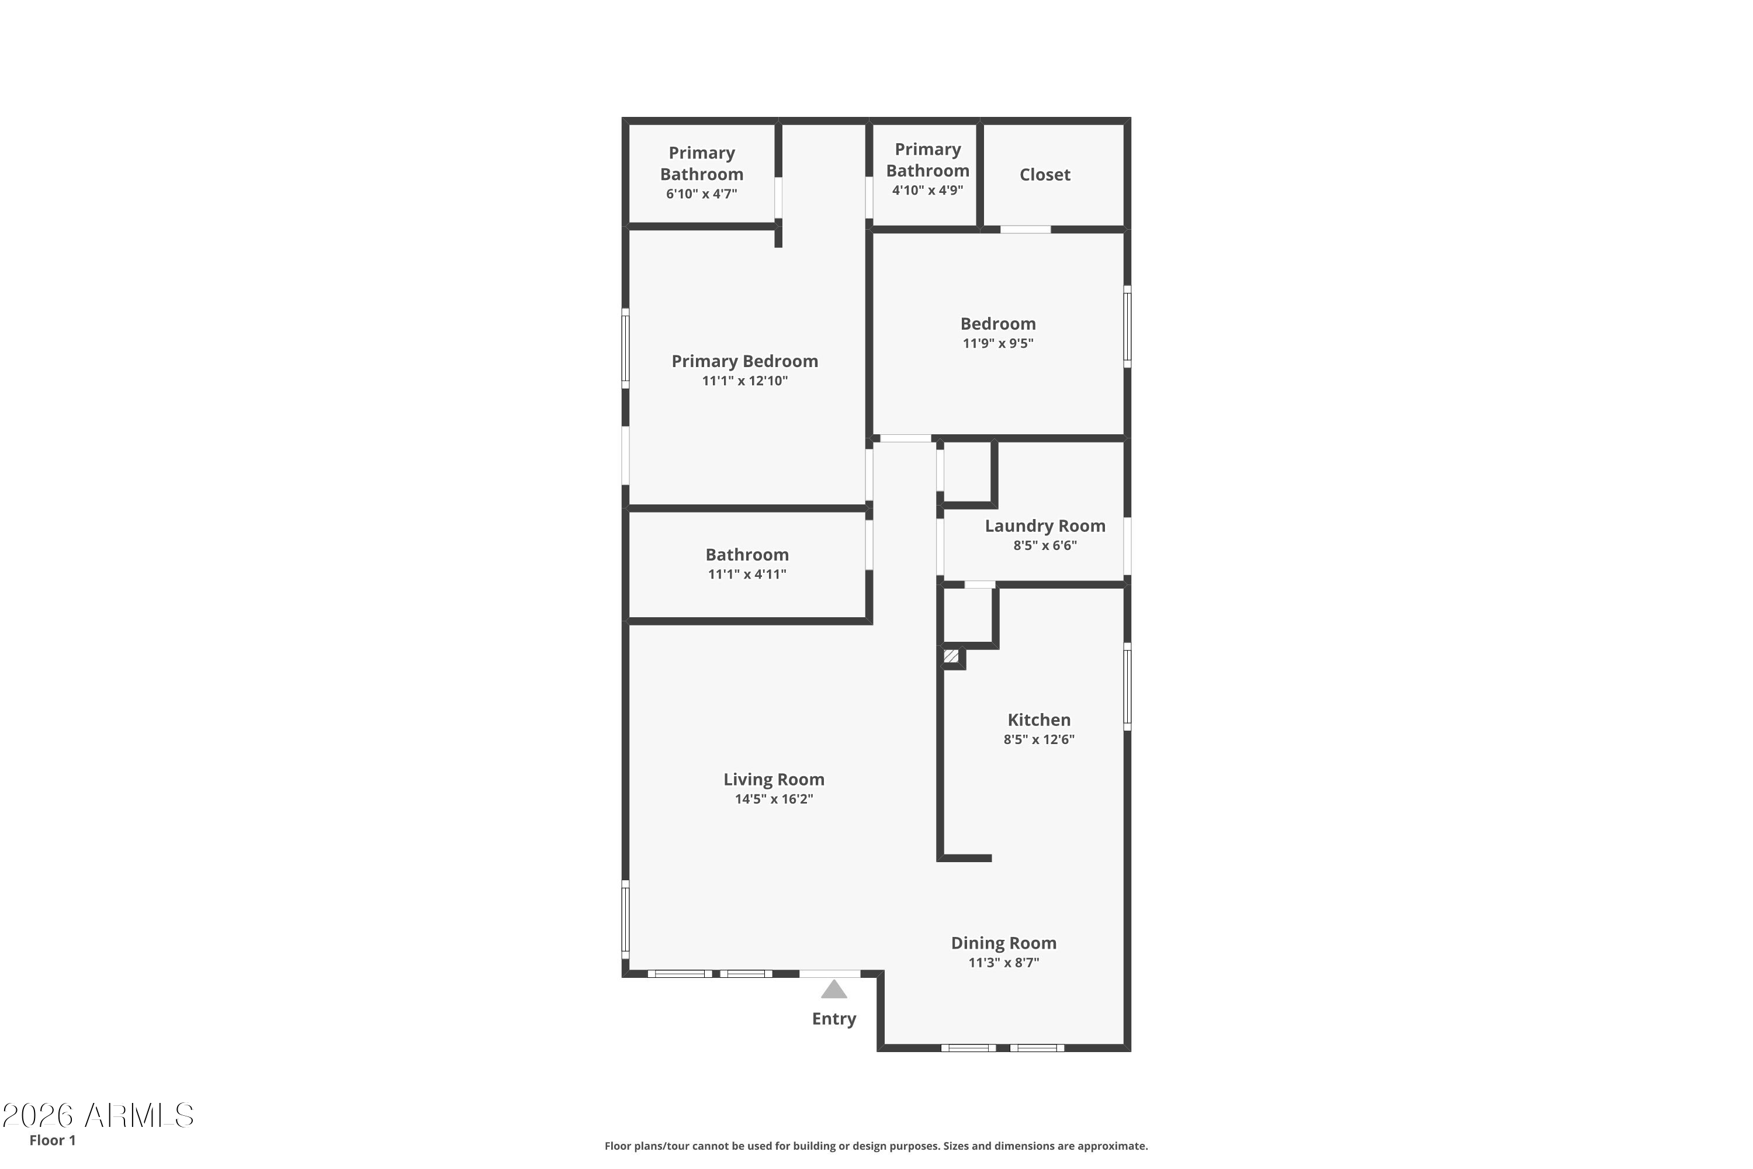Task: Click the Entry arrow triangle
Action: pyautogui.click(x=834, y=990)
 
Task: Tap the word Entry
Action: pyautogui.click(x=834, y=1019)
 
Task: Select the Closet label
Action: pyautogui.click(x=1045, y=174)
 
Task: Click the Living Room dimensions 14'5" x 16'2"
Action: pyautogui.click(x=774, y=799)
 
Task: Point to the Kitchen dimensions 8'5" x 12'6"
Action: pyautogui.click(x=1039, y=739)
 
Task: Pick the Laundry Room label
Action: pyautogui.click(x=1045, y=525)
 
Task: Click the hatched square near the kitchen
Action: pyautogui.click(x=951, y=656)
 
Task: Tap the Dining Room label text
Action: pyautogui.click(x=1003, y=943)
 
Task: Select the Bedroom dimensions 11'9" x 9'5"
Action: pyautogui.click(x=998, y=344)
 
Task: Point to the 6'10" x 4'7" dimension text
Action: pyautogui.click(x=701, y=194)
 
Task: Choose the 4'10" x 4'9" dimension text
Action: pyautogui.click(x=927, y=190)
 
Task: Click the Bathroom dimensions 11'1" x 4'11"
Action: pyautogui.click(x=747, y=574)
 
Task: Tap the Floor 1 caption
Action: pyautogui.click(x=52, y=1140)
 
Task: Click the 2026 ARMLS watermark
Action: pyautogui.click(x=98, y=1115)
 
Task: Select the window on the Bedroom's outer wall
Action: pyautogui.click(x=1128, y=327)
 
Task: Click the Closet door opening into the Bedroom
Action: pyautogui.click(x=1026, y=230)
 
